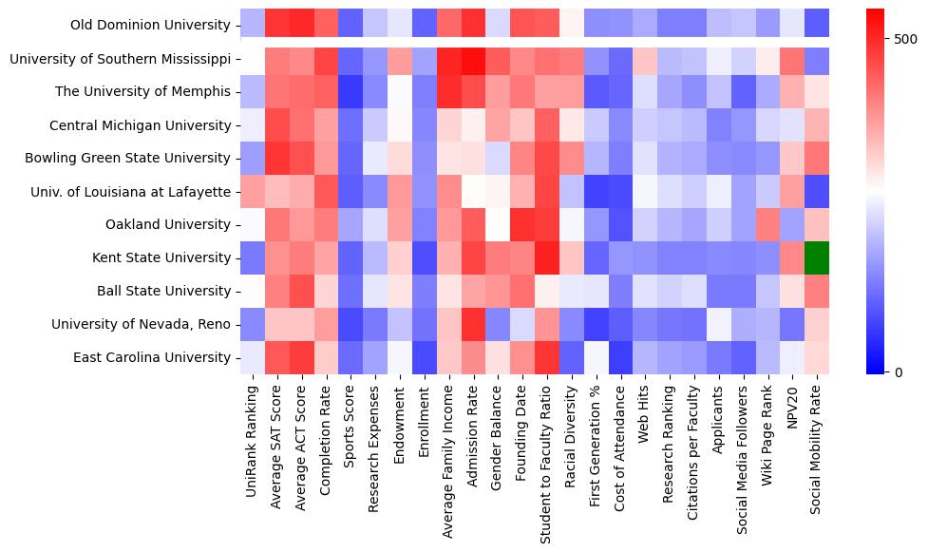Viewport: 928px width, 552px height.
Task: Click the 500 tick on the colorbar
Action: [x=905, y=39]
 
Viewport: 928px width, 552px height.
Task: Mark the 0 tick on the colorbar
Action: [x=900, y=371]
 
